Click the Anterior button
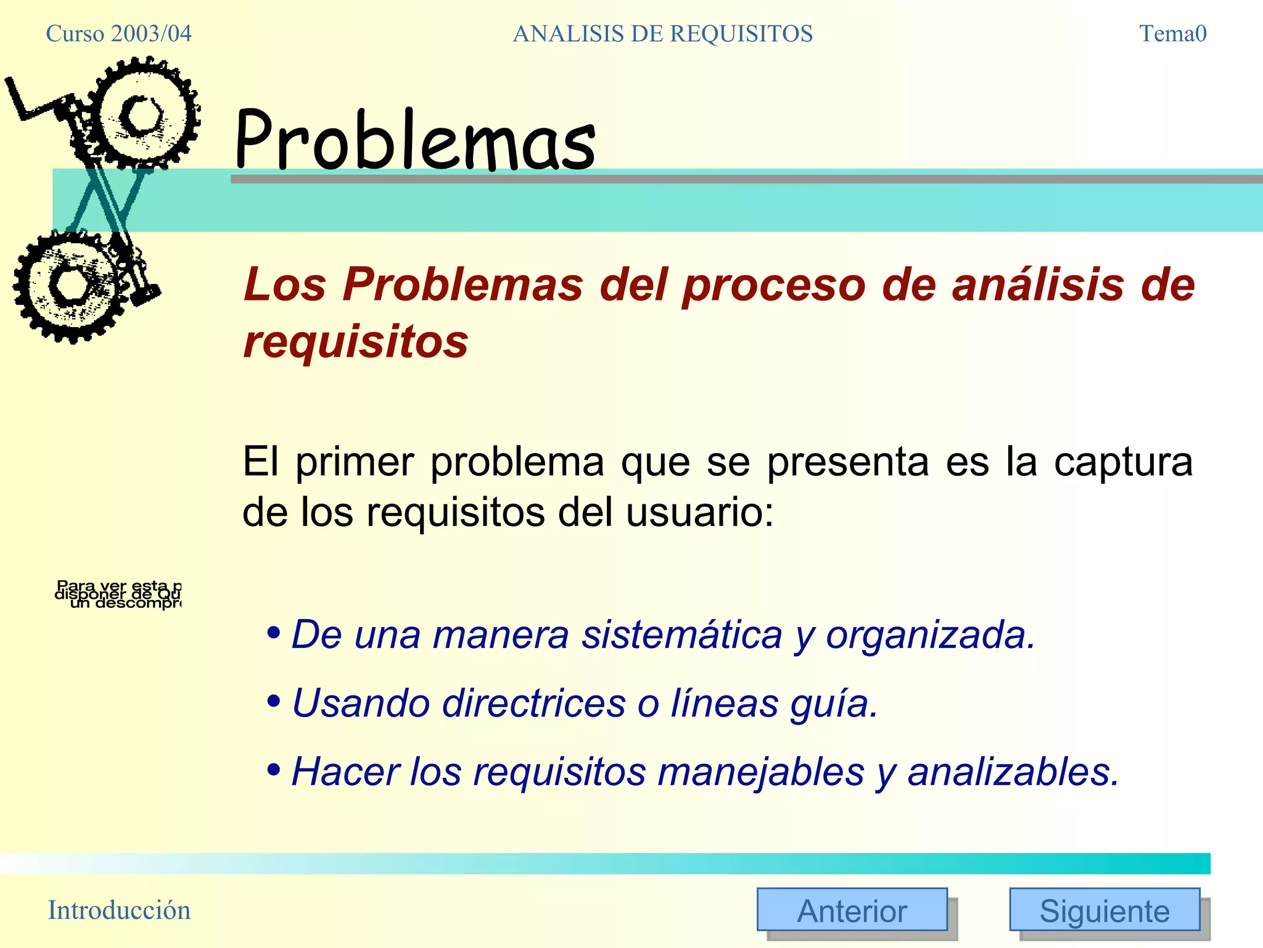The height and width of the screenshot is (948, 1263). (x=852, y=910)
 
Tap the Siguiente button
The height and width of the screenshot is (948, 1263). (x=1104, y=910)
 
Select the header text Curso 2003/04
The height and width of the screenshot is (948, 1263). (x=118, y=33)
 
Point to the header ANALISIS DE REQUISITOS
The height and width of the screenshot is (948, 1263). (x=662, y=33)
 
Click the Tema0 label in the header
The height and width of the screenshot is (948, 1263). (x=1172, y=33)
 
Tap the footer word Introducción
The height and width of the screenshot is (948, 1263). (x=119, y=910)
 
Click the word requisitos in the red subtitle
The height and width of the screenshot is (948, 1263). (x=356, y=341)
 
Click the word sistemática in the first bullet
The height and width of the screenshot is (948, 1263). (x=681, y=634)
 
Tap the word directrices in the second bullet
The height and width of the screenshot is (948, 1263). (x=533, y=703)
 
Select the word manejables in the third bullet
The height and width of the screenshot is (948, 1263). (x=761, y=771)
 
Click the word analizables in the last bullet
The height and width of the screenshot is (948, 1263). (x=1013, y=771)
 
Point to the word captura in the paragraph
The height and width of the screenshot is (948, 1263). (x=1123, y=462)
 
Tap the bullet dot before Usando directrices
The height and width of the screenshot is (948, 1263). (x=274, y=701)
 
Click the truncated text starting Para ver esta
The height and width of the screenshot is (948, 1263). (x=118, y=594)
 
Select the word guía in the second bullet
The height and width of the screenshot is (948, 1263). (x=833, y=703)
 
